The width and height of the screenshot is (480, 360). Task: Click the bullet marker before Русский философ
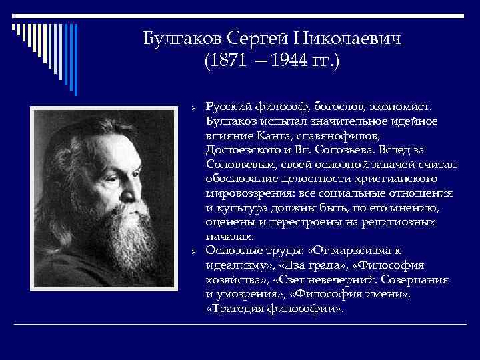click(192, 107)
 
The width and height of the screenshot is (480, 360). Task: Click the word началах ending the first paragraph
click(229, 237)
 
